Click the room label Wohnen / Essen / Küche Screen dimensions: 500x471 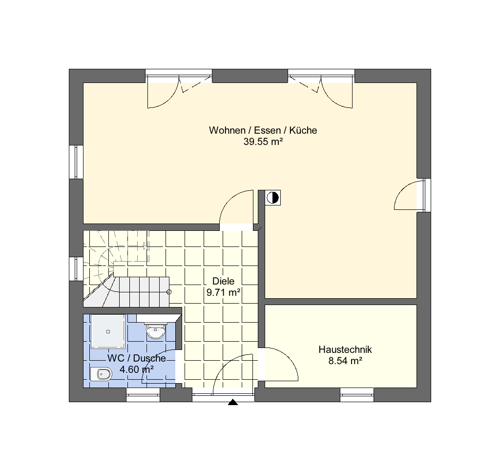263,130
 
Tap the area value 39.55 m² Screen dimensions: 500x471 263,142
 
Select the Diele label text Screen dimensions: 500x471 223,281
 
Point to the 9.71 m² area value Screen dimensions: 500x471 223,292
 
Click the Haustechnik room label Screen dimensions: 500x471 345,349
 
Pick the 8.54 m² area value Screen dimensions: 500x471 345,361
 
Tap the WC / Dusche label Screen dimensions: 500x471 137,358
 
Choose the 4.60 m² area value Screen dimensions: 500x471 137,369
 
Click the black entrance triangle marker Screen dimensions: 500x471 233,402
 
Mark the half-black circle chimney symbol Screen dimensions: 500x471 272,198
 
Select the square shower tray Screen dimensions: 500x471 108,332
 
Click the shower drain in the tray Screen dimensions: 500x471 108,332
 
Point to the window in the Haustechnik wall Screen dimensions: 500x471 357,395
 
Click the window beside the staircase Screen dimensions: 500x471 76,269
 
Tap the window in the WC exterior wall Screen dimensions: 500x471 143,395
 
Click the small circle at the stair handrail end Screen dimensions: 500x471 169,292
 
